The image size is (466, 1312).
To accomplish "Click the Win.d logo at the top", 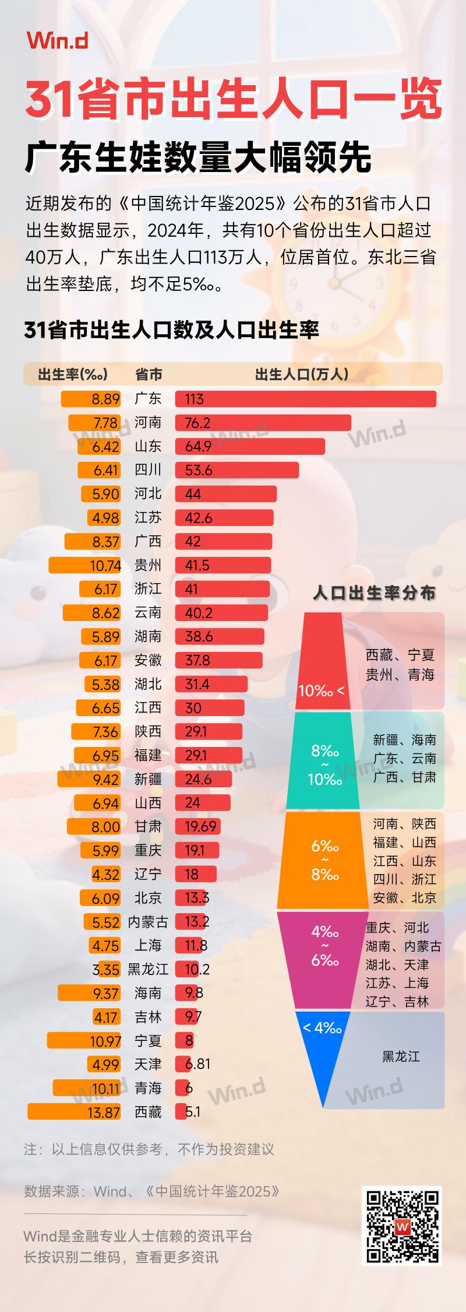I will click(57, 40).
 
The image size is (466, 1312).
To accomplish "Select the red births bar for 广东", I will click(306, 399).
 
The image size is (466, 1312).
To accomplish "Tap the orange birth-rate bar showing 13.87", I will click(74, 1112).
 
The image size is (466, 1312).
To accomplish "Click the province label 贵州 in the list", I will click(148, 565).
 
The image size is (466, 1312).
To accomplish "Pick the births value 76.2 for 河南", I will click(197, 423).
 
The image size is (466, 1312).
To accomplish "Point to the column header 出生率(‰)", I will click(73, 374).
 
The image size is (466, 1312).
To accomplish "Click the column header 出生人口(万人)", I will click(301, 374).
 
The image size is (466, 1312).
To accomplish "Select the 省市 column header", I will click(149, 374).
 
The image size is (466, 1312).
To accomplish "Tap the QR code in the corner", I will click(402, 1226).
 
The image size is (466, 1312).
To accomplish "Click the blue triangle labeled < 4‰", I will click(322, 1050).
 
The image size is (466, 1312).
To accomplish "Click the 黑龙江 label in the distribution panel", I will click(401, 1057).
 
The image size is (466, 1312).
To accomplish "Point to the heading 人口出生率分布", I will click(374, 593).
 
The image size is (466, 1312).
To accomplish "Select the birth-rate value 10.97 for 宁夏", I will click(105, 1041).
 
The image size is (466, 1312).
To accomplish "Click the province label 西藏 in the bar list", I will click(148, 1112).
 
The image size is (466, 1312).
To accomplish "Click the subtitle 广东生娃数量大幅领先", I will click(198, 157).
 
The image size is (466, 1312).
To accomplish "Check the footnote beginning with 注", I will click(149, 1149).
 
